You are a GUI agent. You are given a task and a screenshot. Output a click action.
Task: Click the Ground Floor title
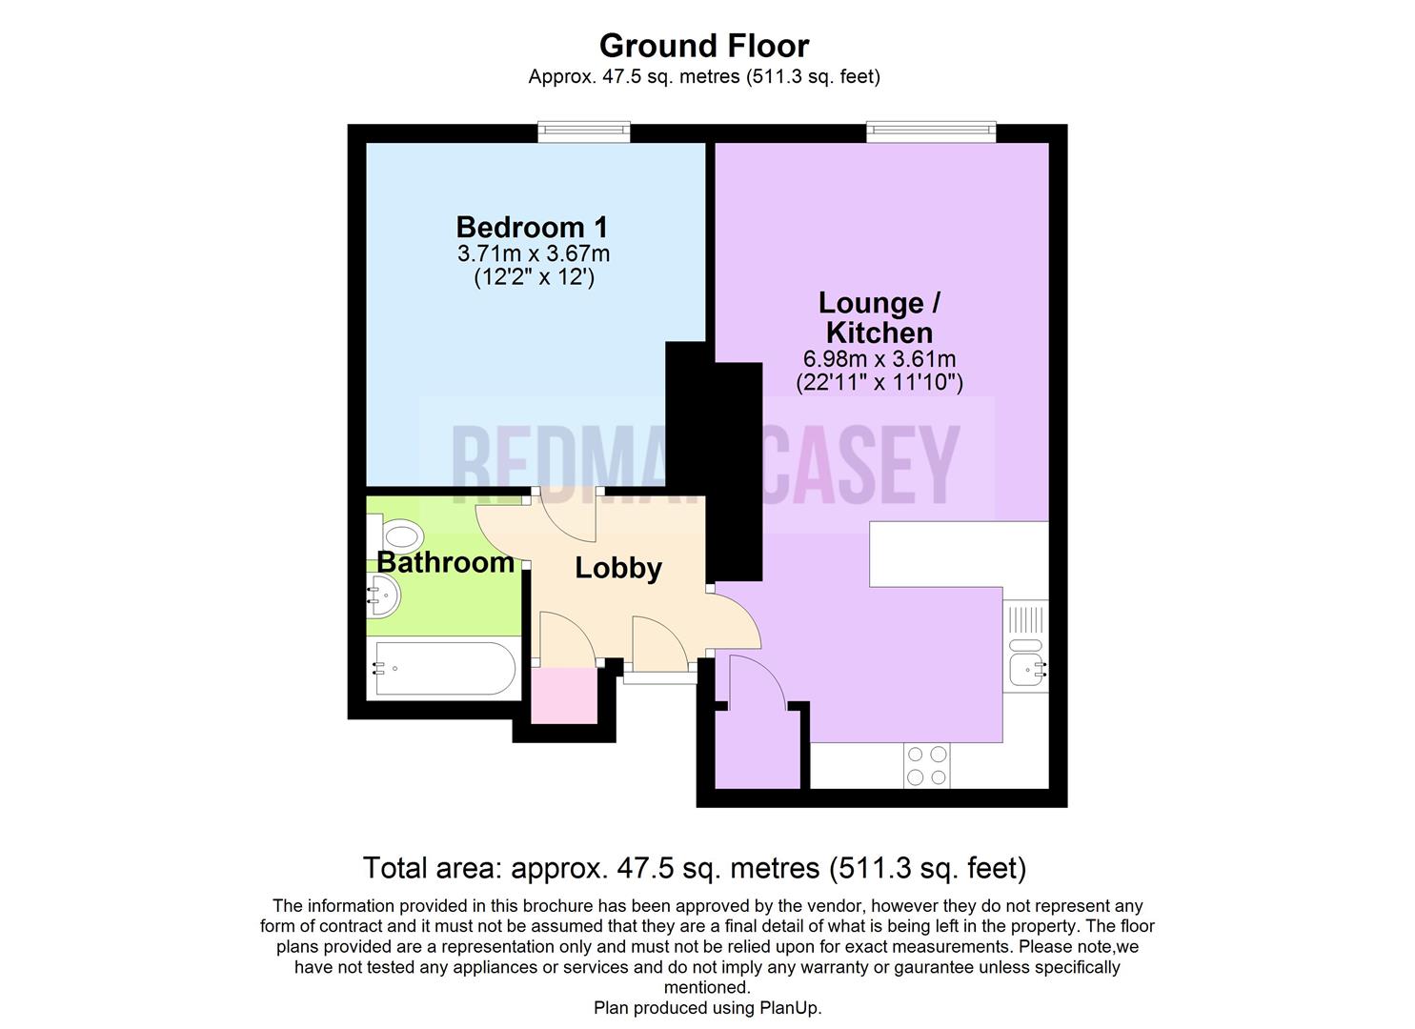tap(704, 46)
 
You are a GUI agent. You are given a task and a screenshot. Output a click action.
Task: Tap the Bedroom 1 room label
tap(532, 228)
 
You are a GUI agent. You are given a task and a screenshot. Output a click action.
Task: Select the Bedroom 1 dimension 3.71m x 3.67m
tap(534, 254)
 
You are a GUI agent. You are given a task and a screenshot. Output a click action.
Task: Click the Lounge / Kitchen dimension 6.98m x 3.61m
tap(879, 359)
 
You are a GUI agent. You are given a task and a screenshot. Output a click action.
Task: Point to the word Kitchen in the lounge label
tap(879, 333)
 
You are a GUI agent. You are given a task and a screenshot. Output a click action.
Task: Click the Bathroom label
tap(445, 562)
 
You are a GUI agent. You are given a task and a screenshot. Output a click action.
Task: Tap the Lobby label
tap(618, 568)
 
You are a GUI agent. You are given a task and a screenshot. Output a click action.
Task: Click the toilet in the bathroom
tap(395, 536)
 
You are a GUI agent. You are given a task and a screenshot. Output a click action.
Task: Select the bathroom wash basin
tap(383, 596)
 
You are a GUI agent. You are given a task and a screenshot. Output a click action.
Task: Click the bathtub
tap(444, 668)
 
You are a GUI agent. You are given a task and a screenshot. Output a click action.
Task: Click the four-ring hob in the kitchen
tap(927, 765)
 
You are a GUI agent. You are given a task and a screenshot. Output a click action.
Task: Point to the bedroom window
tap(584, 131)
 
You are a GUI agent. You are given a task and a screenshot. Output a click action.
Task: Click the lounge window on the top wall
tap(931, 131)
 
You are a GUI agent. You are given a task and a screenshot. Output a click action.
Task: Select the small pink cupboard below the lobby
tap(564, 696)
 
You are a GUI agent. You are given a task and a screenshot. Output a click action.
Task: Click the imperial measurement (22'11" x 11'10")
tap(879, 383)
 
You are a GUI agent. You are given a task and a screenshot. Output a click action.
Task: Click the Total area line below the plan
tap(695, 868)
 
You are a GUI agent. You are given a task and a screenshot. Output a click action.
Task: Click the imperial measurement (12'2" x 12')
tap(535, 277)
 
